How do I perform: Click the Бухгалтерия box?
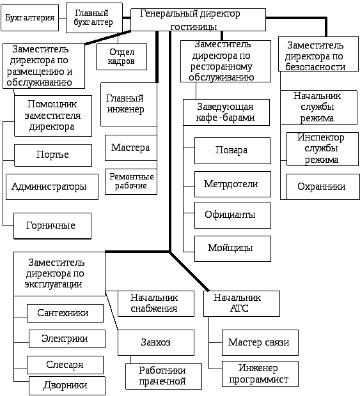coord(30,18)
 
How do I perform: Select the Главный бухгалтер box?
coord(94,18)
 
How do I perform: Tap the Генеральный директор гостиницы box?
coord(198,20)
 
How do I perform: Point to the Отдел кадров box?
coord(121,57)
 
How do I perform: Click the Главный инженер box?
coord(129,104)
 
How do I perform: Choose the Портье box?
coord(53,155)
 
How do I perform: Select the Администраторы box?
coord(52,187)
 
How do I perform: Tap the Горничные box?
coord(52,225)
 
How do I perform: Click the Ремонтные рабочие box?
coord(131,181)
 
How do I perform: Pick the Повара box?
coord(233,151)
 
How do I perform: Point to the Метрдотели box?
coord(233,184)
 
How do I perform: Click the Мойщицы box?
coord(233,248)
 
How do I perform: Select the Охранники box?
coord(323,187)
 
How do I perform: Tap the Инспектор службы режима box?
coord(322,149)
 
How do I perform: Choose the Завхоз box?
coord(156,342)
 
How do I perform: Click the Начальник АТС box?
coord(242,303)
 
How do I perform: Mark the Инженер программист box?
coord(260,374)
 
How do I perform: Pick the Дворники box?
coord(67,386)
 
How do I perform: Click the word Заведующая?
coord(225,107)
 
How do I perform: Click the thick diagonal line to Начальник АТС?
coord(189,271)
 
